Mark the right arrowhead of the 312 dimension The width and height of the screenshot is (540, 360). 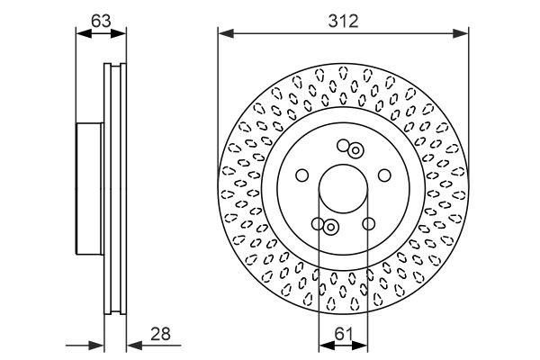pyautogui.click(x=463, y=33)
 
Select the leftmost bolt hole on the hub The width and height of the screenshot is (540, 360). pyautogui.click(x=301, y=175)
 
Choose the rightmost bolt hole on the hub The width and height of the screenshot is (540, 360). pyautogui.click(x=384, y=175)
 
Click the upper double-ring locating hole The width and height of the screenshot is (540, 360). pyautogui.click(x=355, y=150)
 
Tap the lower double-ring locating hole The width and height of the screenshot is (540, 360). pyautogui.click(x=330, y=227)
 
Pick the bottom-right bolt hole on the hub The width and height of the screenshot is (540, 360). pyautogui.click(x=368, y=224)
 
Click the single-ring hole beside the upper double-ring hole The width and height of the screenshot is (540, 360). pyautogui.click(x=343, y=146)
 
